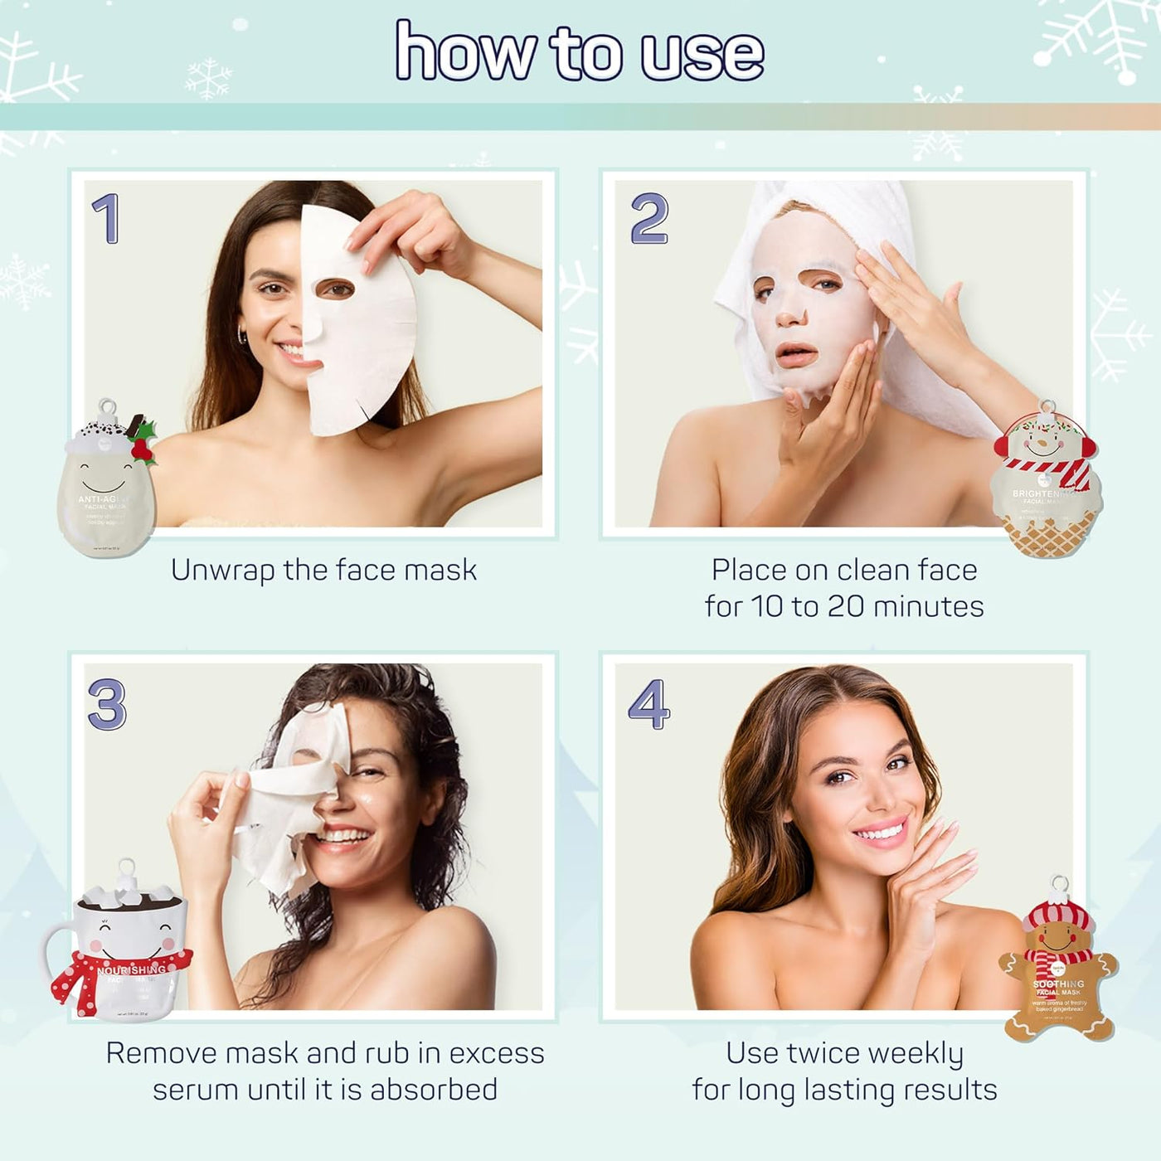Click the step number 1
pos(106,219)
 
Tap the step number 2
pos(649,219)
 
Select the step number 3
pos(107,704)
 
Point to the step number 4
pos(649,704)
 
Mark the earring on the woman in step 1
pos(241,337)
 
